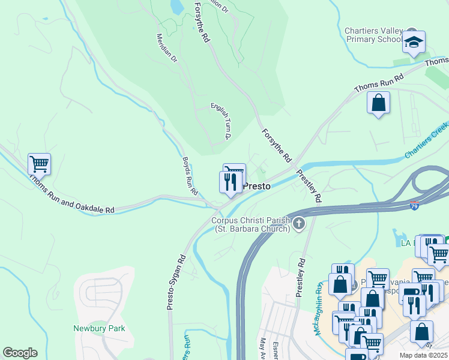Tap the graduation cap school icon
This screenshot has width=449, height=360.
[414, 42]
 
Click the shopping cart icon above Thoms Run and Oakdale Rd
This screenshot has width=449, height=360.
[39, 163]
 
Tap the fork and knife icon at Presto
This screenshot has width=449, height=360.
[230, 182]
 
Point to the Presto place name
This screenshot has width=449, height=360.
[257, 186]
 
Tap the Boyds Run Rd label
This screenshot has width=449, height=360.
[190, 176]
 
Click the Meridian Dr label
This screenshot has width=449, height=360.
[167, 48]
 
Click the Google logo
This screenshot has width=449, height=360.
[20, 353]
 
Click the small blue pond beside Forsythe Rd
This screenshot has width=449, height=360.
[176, 7]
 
